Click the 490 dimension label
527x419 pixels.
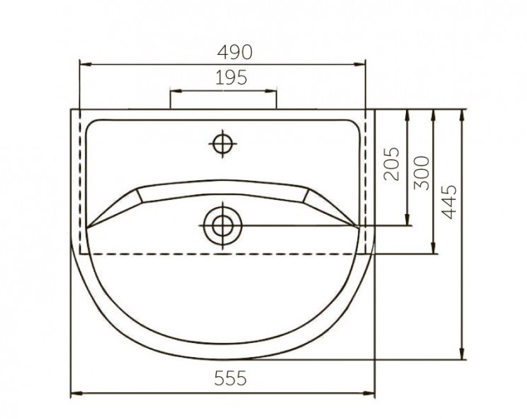click(x=234, y=52)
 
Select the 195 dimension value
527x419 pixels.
click(x=231, y=77)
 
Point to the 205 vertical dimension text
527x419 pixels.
click(x=391, y=164)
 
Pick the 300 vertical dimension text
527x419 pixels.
click(x=421, y=173)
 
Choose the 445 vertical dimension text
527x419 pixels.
click(x=449, y=202)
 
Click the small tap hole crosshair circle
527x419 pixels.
click(x=222, y=144)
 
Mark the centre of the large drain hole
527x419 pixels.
click(x=222, y=225)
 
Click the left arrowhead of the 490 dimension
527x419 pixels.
click(x=85, y=64)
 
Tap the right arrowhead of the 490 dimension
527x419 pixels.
click(x=360, y=64)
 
